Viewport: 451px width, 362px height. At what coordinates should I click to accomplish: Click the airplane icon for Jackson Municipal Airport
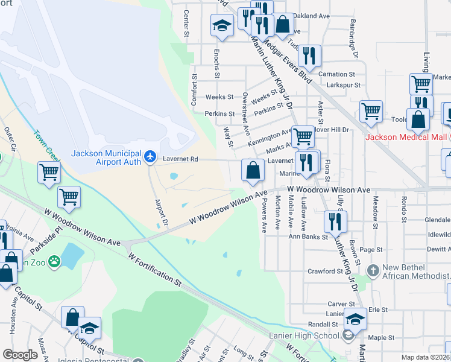(151, 157)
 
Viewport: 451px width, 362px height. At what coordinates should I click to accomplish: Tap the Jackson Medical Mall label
(407, 137)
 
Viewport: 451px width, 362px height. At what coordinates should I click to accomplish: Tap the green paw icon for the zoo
(55, 261)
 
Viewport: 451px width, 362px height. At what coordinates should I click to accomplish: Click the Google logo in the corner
(20, 355)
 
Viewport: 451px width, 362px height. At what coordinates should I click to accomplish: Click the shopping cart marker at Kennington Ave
(302, 136)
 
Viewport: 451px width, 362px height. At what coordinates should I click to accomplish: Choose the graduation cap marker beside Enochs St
(221, 26)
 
